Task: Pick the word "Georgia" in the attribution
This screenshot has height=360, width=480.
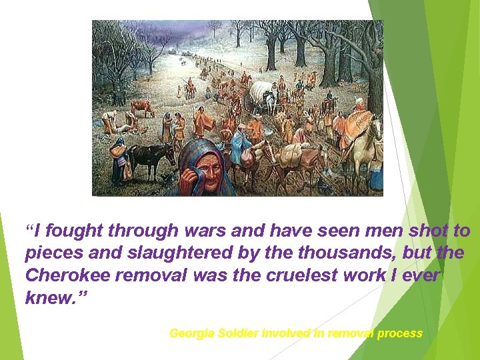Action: coord(191,333)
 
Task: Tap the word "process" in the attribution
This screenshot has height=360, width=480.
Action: coord(400,333)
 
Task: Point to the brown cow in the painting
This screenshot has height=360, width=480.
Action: coord(142,107)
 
